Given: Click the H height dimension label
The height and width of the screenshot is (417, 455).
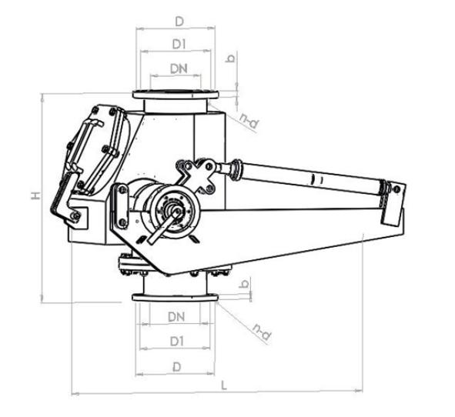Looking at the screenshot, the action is tap(36, 195).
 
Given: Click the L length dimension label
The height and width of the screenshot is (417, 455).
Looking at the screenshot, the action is tap(224, 385).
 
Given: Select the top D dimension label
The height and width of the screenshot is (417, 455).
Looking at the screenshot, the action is tap(179, 22).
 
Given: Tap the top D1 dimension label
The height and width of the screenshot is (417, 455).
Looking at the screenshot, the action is tap(179, 44).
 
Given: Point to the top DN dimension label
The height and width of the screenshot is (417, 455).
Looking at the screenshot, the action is tap(179, 68).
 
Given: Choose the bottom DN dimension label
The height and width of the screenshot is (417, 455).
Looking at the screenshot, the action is tap(176, 317).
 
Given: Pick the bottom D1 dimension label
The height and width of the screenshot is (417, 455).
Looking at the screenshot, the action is tap(177, 342).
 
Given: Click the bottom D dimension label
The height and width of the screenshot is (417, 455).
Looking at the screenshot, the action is tap(176, 367).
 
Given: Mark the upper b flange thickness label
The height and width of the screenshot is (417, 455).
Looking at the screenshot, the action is tap(231, 58).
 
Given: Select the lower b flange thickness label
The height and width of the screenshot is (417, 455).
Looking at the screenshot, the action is tap(243, 284).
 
